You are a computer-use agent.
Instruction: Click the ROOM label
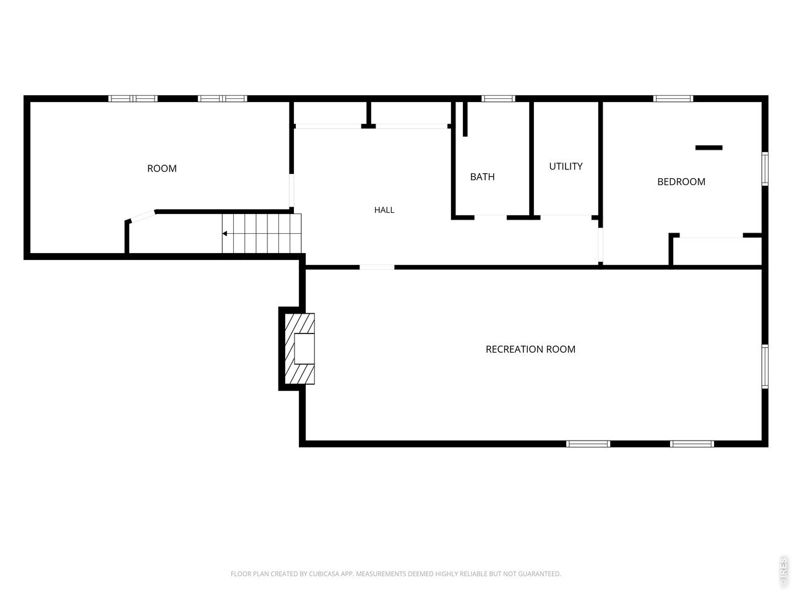(161, 168)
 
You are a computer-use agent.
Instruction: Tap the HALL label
(384, 210)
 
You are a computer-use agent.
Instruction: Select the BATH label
(482, 177)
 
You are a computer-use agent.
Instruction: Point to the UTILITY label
(566, 166)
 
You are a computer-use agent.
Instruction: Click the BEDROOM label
(681, 182)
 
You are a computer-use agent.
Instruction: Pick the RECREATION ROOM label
(530, 349)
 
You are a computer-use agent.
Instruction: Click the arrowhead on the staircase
(225, 234)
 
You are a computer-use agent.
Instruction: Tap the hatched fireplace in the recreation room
(299, 348)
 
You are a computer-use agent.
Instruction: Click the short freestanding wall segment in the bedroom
(708, 147)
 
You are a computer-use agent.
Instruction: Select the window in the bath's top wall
(498, 98)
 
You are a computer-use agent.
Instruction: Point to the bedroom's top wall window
(673, 98)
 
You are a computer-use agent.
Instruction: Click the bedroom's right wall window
(765, 169)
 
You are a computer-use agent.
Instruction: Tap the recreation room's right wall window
(765, 366)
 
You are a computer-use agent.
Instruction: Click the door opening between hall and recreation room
(377, 267)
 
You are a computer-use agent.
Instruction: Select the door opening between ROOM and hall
(291, 191)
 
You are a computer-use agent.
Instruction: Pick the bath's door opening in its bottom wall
(490, 217)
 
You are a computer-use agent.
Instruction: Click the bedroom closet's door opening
(711, 236)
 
